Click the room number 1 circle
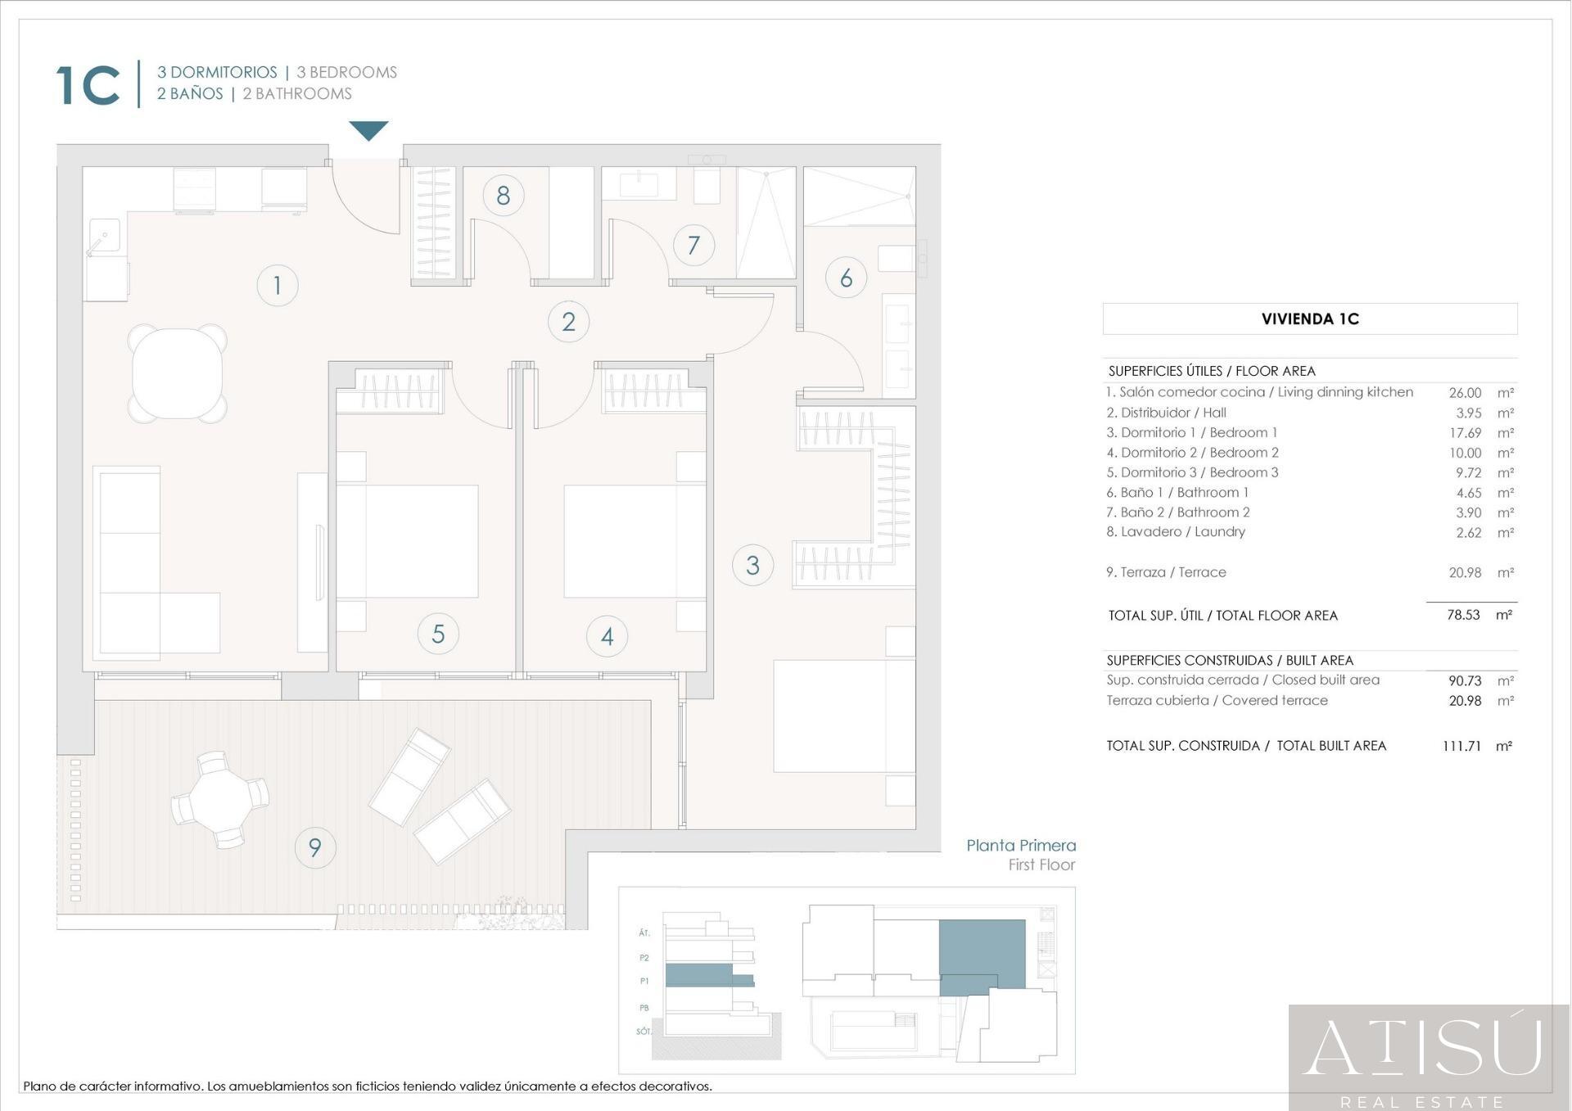(277, 285)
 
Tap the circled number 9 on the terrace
(314, 847)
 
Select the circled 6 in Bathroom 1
(846, 278)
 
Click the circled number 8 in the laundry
(503, 196)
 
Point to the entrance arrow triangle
(368, 129)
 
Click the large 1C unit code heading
(88, 85)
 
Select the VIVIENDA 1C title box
(1309, 318)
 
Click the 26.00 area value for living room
(1465, 393)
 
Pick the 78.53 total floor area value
(1463, 615)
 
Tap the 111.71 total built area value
(1461, 746)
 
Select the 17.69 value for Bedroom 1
(1465, 433)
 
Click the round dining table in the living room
(177, 373)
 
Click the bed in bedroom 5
(407, 541)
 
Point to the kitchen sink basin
(105, 236)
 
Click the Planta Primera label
(1021, 845)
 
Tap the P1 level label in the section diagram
(644, 981)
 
